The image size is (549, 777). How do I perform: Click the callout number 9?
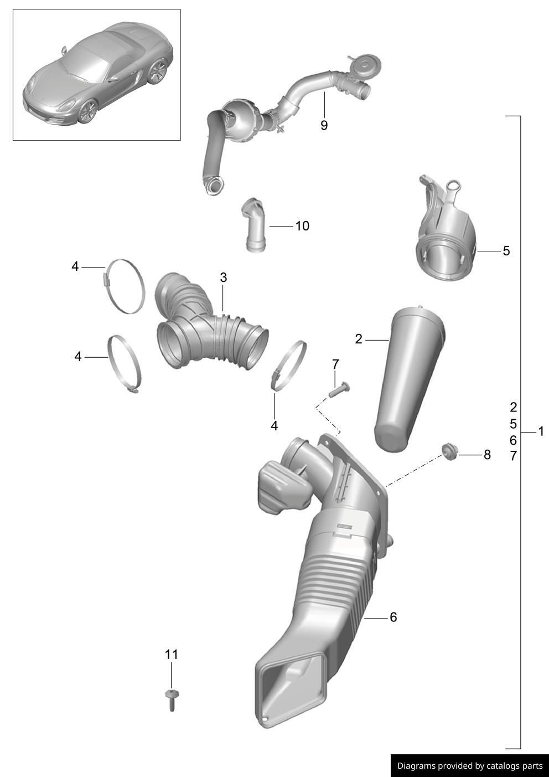coord(324,125)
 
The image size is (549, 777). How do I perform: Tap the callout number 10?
coord(302,226)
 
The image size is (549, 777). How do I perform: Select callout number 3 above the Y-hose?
coord(224,277)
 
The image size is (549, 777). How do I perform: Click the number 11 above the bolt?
coord(171,655)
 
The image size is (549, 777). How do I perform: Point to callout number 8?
coord(487,455)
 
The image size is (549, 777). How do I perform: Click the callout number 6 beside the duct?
coord(393,617)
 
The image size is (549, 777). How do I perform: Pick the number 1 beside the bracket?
coord(541,431)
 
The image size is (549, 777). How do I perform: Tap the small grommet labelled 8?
coord(449,452)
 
